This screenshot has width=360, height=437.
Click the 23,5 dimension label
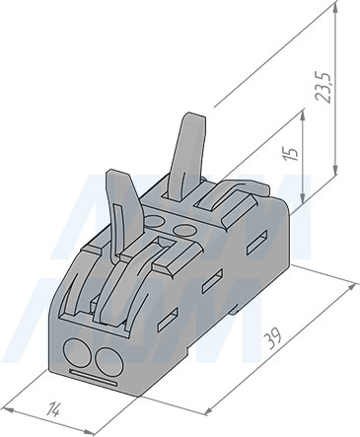[x=324, y=88]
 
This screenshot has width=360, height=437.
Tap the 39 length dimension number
[x=274, y=338]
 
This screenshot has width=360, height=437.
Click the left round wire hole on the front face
[x=77, y=353]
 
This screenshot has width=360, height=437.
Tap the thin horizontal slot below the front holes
[x=93, y=378]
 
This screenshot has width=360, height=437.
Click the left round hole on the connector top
[x=154, y=220]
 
